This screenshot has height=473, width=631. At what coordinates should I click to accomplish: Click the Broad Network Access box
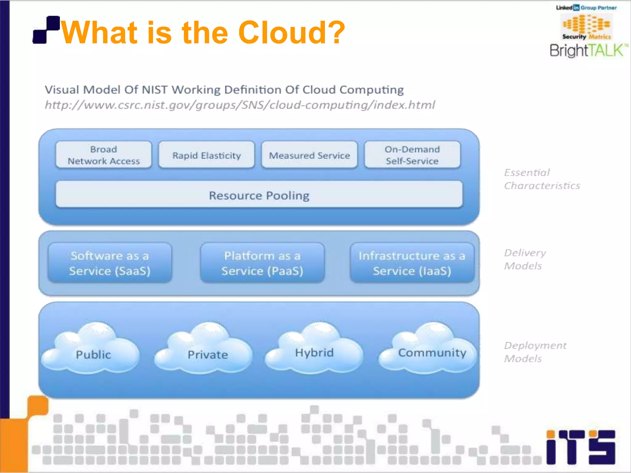pos(104,155)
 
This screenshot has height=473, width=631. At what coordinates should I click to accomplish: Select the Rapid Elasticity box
pos(206,155)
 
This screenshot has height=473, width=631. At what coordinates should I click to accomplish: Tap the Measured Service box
pos(309,155)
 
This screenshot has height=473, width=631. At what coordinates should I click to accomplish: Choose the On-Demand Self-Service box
pos(412,155)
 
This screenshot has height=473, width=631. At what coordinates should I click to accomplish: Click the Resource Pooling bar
pos(259,195)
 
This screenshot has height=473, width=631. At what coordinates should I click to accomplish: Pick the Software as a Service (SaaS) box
pos(110,263)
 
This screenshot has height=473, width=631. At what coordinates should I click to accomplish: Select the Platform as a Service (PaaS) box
pos(262,263)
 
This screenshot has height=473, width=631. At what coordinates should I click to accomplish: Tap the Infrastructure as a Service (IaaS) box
pos(412,263)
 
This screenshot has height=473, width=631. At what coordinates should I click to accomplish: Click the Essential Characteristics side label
pos(542,179)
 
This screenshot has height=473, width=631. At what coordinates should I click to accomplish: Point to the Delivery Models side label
pos(524,259)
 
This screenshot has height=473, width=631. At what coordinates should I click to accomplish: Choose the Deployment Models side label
pos(535,352)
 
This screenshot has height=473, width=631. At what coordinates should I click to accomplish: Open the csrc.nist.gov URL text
pos(240,105)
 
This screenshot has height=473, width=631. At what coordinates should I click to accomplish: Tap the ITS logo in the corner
pos(580,447)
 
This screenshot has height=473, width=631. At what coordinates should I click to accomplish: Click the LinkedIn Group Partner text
pos(586,8)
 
